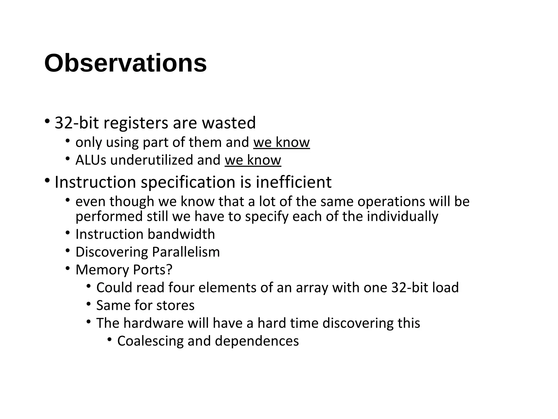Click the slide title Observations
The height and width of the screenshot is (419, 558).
[x=125, y=63]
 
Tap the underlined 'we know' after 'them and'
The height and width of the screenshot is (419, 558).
[x=281, y=142]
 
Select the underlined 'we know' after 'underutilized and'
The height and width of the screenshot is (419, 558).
[x=253, y=160]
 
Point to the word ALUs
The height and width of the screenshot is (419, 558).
[x=91, y=160]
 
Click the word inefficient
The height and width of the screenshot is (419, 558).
[x=293, y=182]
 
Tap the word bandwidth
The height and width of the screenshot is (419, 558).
[x=181, y=234]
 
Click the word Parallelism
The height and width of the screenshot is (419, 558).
[x=186, y=252]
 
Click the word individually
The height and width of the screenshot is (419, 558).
[x=402, y=217]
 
